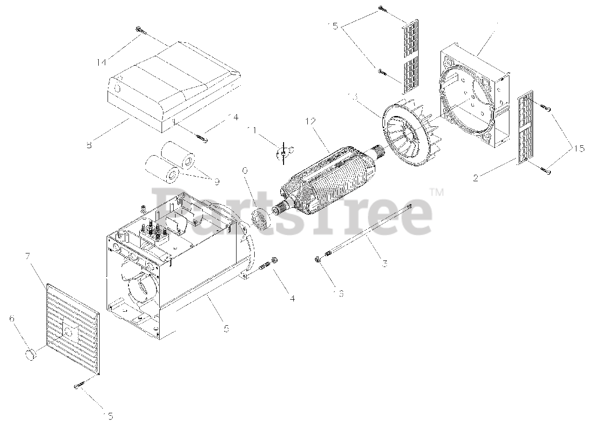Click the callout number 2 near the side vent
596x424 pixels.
[x=475, y=178]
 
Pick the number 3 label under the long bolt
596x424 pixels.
[x=385, y=264]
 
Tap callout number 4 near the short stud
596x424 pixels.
[x=292, y=299]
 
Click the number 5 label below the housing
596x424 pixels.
[x=227, y=328]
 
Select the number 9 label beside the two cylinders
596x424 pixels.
[x=217, y=181]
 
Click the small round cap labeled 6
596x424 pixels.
[x=32, y=354]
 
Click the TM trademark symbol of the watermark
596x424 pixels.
[x=436, y=191]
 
